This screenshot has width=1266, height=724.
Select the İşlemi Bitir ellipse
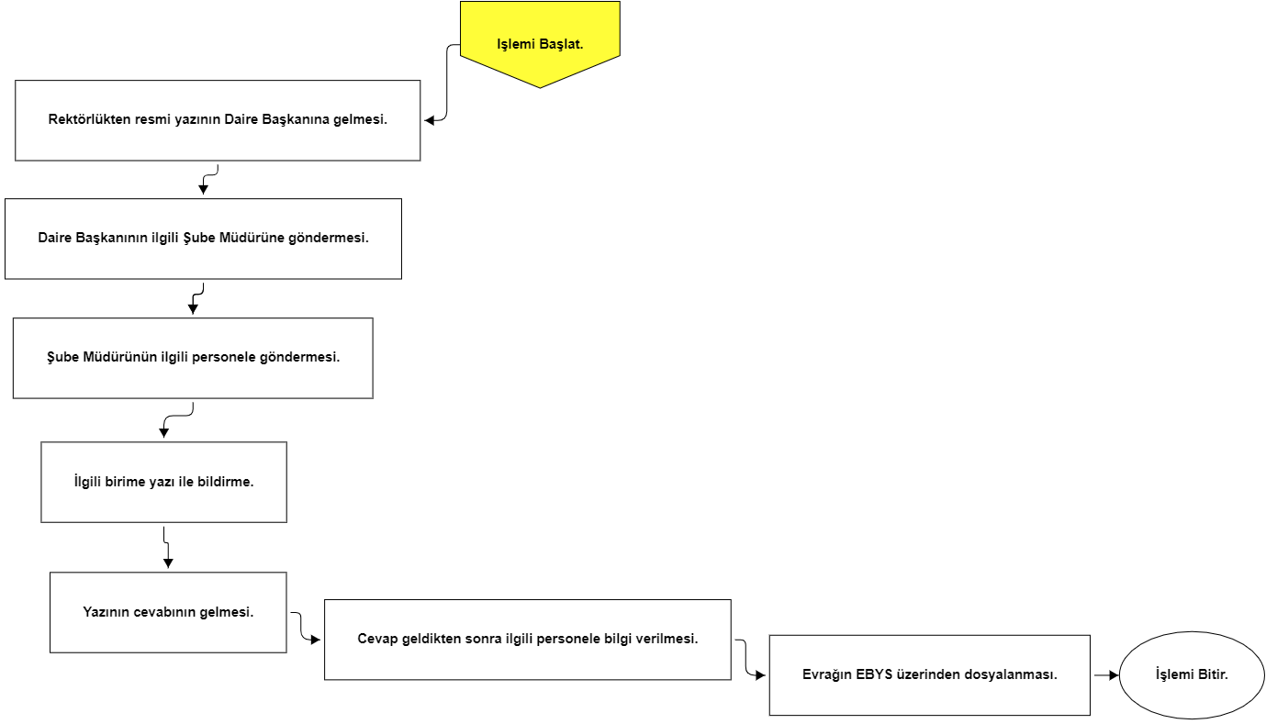1192,674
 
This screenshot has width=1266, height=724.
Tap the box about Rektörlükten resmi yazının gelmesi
218,120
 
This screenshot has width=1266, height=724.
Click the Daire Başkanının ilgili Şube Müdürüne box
204,239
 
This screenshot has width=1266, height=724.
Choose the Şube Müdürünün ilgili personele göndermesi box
193,358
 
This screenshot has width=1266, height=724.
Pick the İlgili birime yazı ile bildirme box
164,483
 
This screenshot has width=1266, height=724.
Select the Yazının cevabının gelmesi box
168,613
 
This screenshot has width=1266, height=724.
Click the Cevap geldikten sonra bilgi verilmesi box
527,640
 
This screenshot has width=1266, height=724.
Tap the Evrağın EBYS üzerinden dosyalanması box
930,674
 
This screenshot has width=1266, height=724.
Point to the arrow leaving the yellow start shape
446,83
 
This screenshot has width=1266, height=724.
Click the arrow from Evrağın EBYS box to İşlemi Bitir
1106,674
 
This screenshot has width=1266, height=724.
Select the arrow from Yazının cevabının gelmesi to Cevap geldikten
299,627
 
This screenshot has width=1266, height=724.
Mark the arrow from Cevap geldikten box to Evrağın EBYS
745,657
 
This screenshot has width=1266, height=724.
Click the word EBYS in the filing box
874,674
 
